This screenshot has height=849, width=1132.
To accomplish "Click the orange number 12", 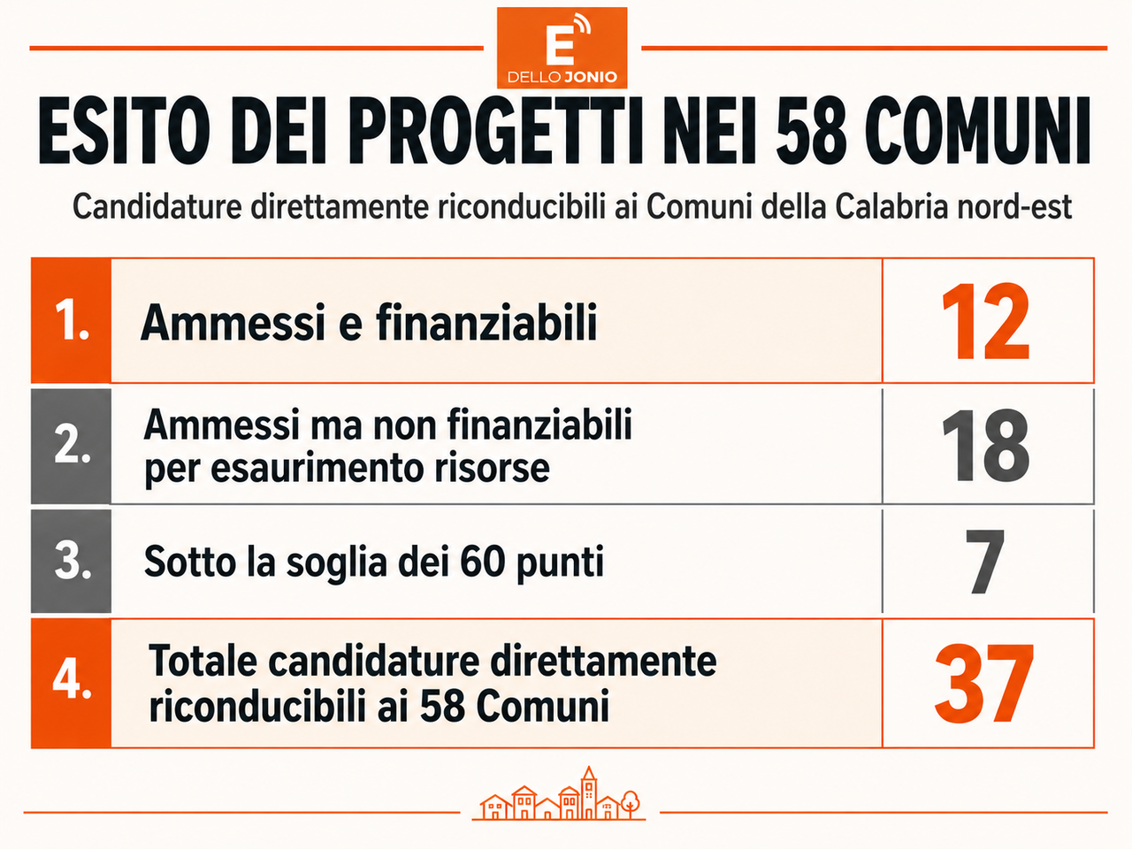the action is (x=985, y=321).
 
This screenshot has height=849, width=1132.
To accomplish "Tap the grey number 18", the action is (x=985, y=446).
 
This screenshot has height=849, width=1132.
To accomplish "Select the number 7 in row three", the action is (x=984, y=562).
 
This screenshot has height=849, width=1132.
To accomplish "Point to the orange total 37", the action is (x=984, y=684).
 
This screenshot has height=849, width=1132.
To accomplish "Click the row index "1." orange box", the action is (x=71, y=321).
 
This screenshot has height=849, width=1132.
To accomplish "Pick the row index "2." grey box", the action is (x=71, y=447).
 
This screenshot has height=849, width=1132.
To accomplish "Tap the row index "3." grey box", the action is (x=71, y=562).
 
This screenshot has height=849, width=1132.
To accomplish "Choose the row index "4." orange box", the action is (x=71, y=684).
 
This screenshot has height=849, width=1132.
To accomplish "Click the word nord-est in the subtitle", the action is (x=1014, y=207).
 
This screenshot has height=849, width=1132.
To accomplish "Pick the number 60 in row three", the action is (x=482, y=562).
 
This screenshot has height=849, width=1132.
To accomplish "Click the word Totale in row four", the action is (x=203, y=661).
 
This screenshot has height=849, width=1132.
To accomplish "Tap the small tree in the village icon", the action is (x=631, y=804).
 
